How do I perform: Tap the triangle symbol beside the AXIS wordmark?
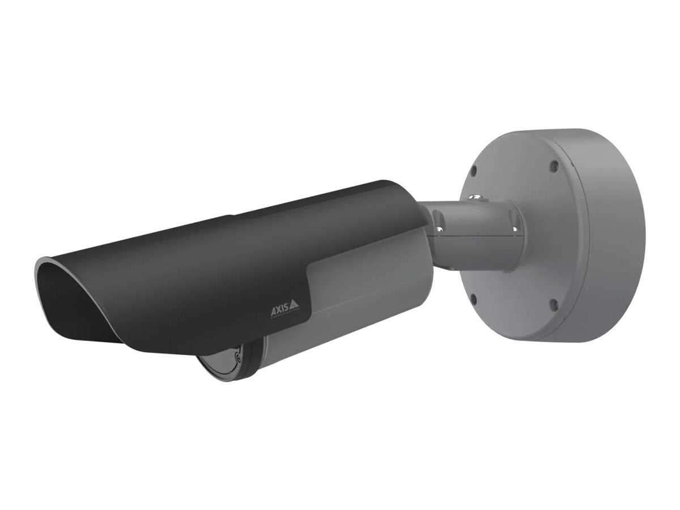[294, 307]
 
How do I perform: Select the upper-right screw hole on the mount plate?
[554, 165]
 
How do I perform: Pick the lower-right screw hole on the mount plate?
[553, 304]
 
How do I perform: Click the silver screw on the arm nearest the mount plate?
[514, 228]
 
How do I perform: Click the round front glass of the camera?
[224, 363]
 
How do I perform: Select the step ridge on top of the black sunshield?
[233, 216]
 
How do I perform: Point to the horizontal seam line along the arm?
[476, 238]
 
